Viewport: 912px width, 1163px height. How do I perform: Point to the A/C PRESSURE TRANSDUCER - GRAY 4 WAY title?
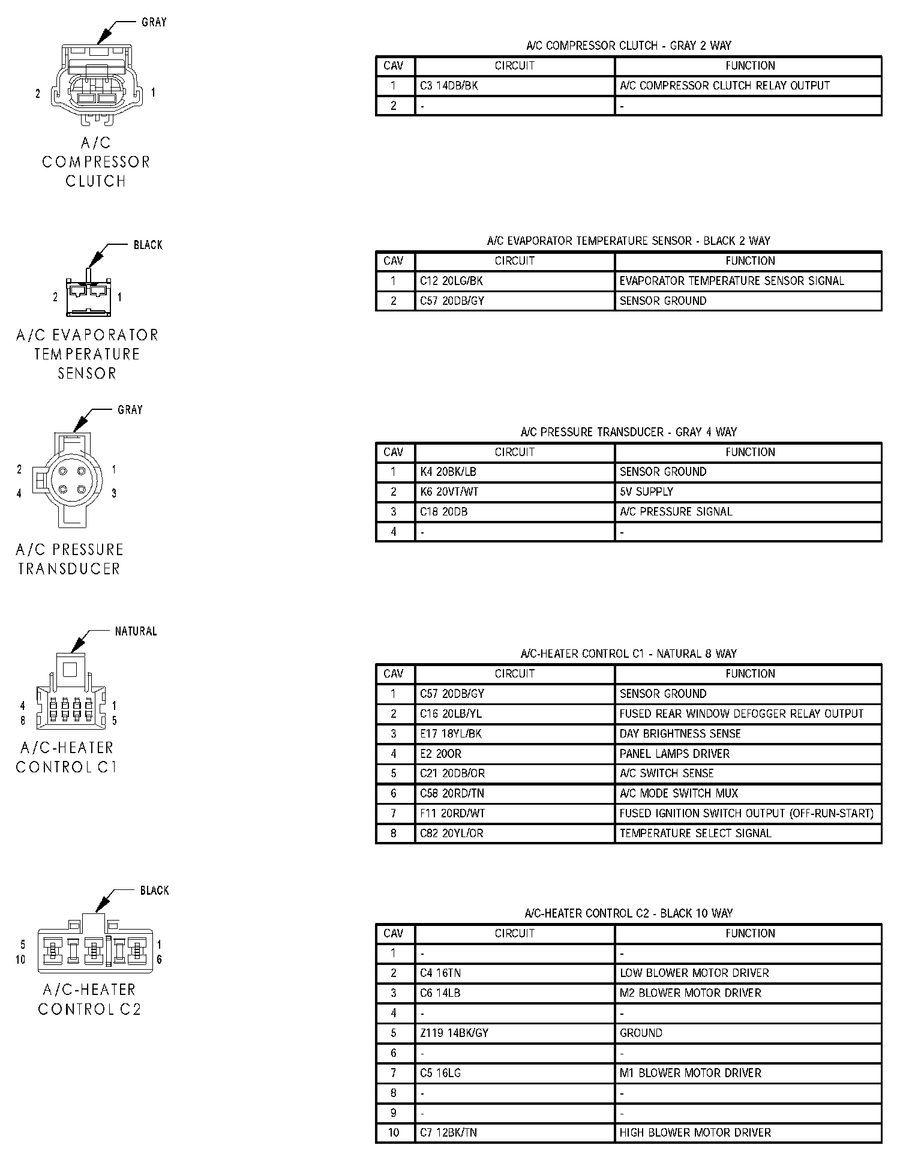(628, 432)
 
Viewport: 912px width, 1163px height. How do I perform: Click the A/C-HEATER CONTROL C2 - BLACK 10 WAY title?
(628, 913)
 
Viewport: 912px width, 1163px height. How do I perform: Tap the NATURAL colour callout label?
(136, 631)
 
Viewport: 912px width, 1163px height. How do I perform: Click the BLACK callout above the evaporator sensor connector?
(148, 245)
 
